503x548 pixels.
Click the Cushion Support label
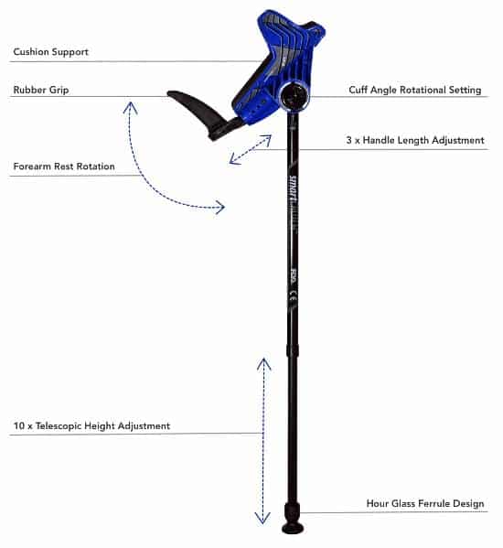click(x=50, y=52)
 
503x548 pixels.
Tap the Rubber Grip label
click(x=41, y=90)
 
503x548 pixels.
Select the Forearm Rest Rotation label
click(x=64, y=166)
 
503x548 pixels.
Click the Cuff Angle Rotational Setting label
click(x=415, y=90)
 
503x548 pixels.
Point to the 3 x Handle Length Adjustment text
click(x=415, y=140)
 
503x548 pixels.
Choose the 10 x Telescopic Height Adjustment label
click(x=91, y=425)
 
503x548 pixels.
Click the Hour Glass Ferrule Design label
click(x=425, y=503)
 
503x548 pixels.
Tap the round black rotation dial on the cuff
click(x=294, y=95)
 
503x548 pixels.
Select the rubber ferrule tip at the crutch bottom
click(x=292, y=520)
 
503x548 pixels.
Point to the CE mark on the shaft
click(x=294, y=295)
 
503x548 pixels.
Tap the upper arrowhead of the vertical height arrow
click(x=263, y=363)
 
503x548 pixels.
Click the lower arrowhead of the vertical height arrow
click(x=262, y=519)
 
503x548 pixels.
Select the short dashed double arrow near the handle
click(x=250, y=150)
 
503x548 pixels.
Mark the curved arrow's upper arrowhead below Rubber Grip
click(x=130, y=107)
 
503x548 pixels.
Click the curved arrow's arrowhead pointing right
click(x=220, y=208)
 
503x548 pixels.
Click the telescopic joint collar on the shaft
click(x=293, y=349)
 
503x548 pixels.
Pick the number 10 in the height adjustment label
click(x=18, y=425)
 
